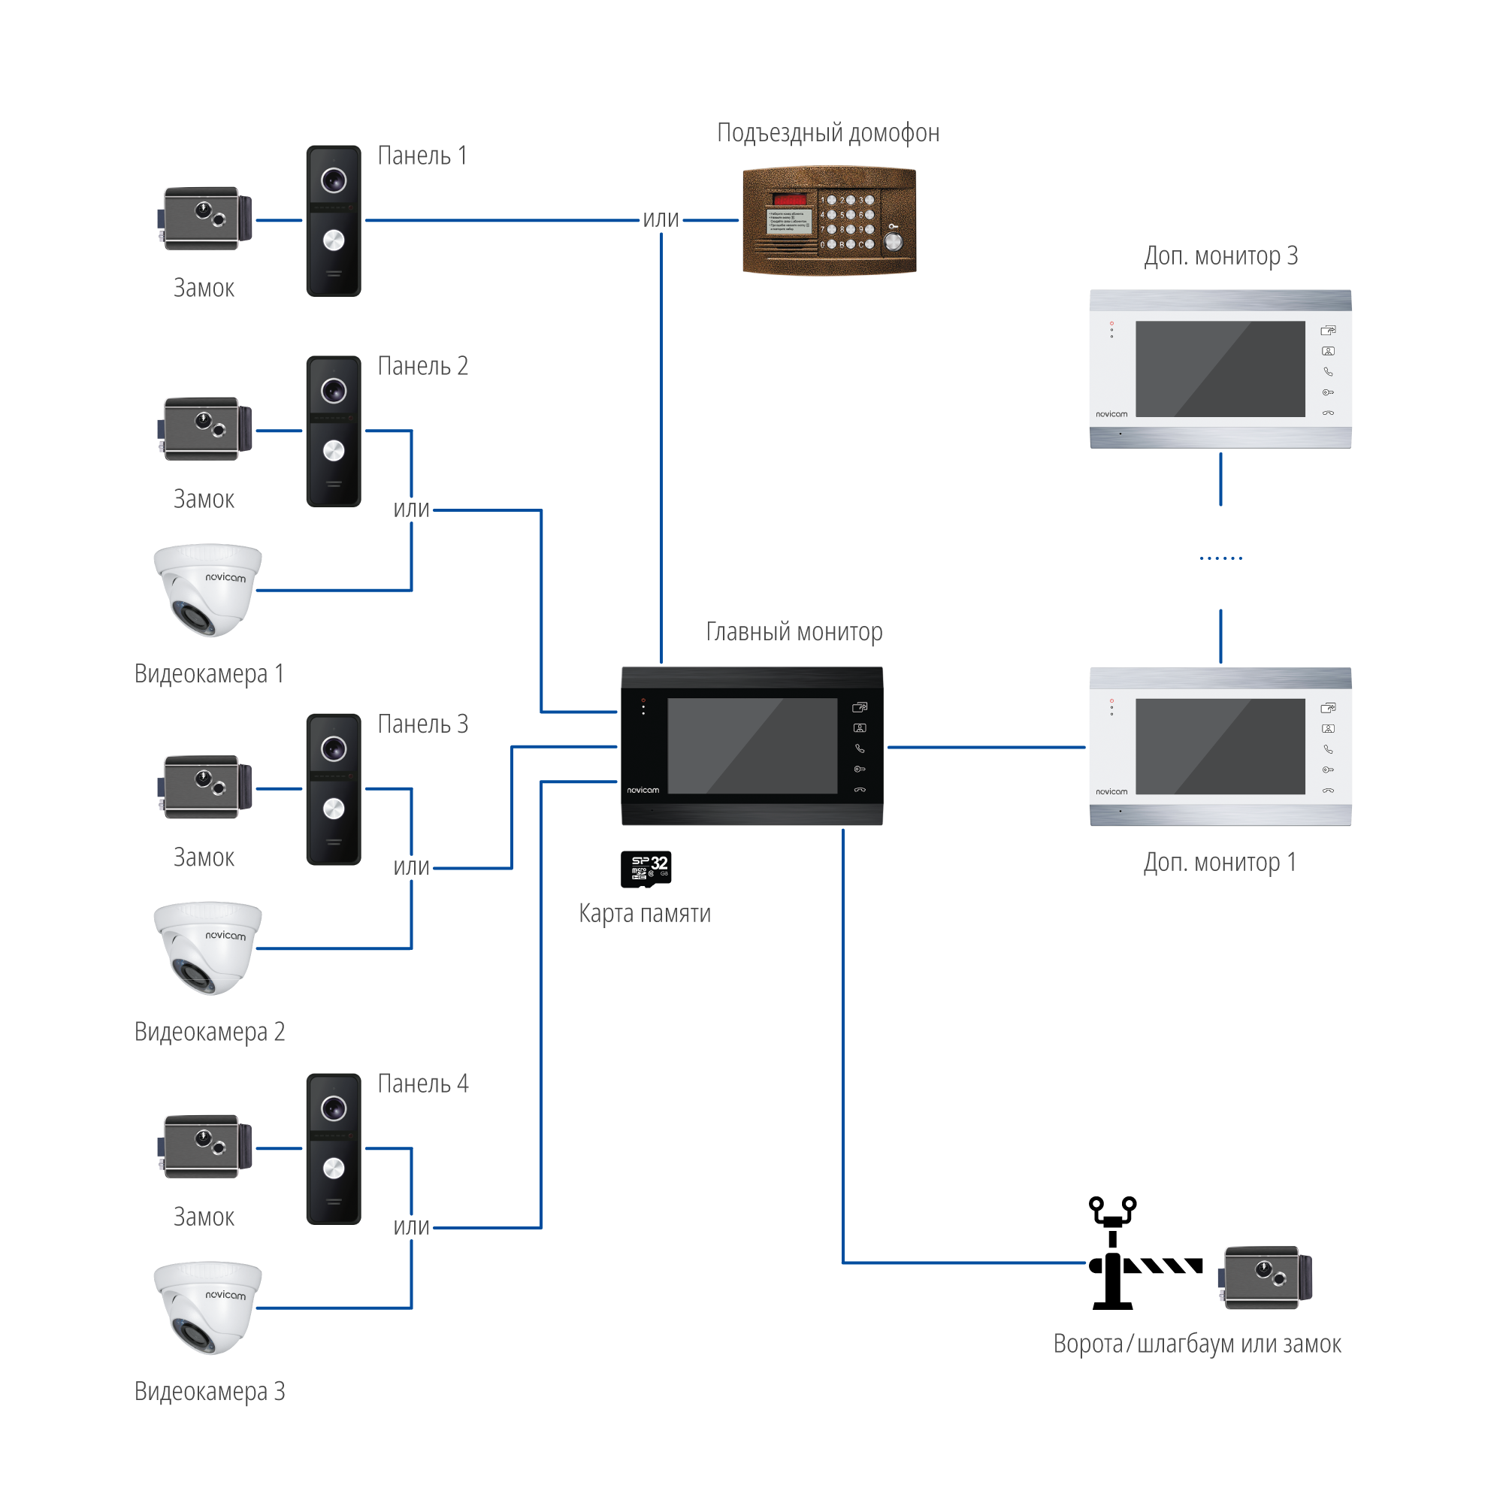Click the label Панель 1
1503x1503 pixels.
(x=422, y=156)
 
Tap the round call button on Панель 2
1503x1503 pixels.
(x=334, y=450)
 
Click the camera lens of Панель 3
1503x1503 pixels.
(x=334, y=748)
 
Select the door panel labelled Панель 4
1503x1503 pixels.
(x=334, y=1149)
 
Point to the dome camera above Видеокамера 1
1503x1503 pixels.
(x=207, y=589)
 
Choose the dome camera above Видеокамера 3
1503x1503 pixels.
(x=207, y=1307)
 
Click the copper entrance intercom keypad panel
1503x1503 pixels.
(x=830, y=220)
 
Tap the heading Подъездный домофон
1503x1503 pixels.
(x=827, y=133)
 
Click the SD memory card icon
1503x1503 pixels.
(x=646, y=868)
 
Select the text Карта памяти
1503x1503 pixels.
(x=644, y=913)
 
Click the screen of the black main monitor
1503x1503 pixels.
(x=751, y=746)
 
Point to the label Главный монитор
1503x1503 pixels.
(x=794, y=632)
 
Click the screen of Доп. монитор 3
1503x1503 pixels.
(x=1220, y=369)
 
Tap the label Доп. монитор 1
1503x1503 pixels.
(x=1219, y=863)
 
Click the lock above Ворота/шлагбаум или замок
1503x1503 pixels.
(x=1264, y=1278)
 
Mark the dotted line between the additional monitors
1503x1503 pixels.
(x=1220, y=558)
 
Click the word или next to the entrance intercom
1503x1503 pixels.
(x=661, y=220)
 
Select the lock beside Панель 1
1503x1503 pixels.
(x=207, y=218)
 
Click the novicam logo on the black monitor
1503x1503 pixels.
(x=643, y=791)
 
